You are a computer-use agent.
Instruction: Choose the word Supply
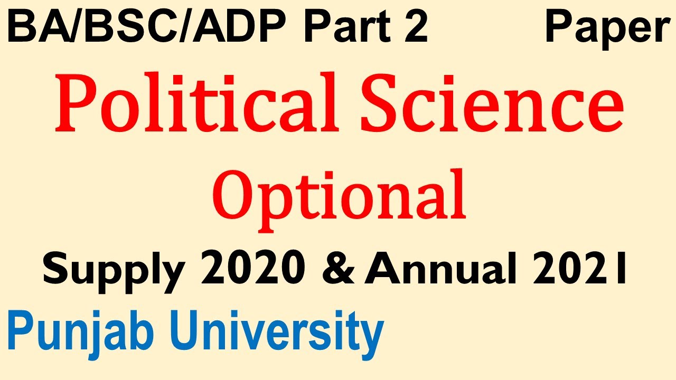coord(113,270)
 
